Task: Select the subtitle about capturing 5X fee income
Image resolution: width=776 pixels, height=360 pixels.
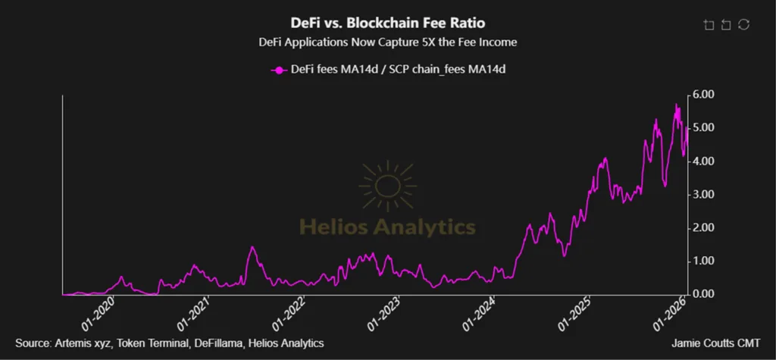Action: tap(388, 42)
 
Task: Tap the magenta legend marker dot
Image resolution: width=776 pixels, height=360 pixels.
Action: tap(279, 70)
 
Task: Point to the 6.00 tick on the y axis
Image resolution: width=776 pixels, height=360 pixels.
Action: tap(703, 95)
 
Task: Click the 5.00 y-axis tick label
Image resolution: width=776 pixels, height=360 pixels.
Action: tap(703, 128)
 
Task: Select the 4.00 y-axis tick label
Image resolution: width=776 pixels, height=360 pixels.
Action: tap(703, 161)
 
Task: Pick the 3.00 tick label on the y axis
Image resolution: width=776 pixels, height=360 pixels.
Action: tap(703, 195)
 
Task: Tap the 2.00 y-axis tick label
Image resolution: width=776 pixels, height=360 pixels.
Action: tap(703, 228)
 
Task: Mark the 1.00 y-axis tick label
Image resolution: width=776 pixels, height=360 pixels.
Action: tap(703, 261)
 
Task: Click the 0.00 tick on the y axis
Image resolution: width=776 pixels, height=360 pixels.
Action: tap(703, 294)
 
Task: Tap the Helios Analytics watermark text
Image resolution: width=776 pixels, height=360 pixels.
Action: tap(388, 226)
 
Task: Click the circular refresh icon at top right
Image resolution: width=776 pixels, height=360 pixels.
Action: tap(744, 25)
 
